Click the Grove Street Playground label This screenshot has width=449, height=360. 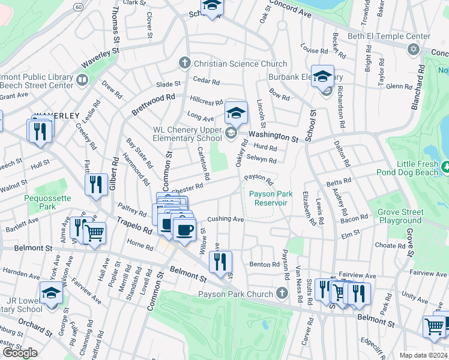click(x=400, y=216)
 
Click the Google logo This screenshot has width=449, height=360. click(x=20, y=352)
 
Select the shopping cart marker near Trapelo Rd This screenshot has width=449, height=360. click(x=94, y=233)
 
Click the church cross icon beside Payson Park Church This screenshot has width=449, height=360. click(x=282, y=293)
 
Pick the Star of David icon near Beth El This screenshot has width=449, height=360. click(x=412, y=48)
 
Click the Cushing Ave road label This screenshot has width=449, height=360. click(x=226, y=220)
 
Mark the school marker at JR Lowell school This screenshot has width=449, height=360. click(x=52, y=293)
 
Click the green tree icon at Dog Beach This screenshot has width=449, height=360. click(x=445, y=166)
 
